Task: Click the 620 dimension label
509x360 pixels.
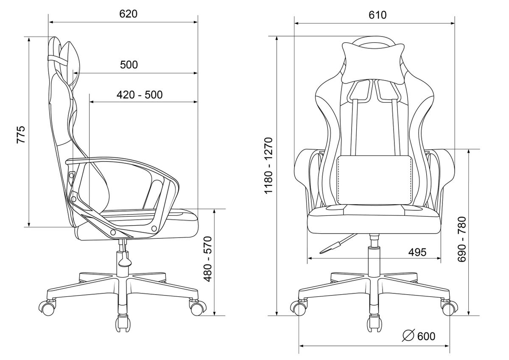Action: click(129, 14)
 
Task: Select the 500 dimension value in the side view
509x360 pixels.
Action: click(129, 65)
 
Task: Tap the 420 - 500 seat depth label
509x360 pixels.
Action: click(140, 95)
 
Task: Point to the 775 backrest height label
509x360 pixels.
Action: click(21, 134)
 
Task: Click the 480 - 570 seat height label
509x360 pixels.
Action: click(208, 259)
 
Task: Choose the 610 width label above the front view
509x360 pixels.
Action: click(378, 15)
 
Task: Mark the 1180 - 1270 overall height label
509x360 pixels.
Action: click(268, 165)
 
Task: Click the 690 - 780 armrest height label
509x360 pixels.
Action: click(462, 240)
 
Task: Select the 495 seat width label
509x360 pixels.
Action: click(417, 252)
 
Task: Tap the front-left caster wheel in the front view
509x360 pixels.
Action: click(298, 307)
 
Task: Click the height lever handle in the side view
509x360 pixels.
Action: click(125, 259)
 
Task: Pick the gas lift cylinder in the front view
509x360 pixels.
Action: click(374, 256)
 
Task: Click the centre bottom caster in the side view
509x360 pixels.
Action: click(123, 323)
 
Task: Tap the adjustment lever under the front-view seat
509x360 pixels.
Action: click(336, 244)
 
